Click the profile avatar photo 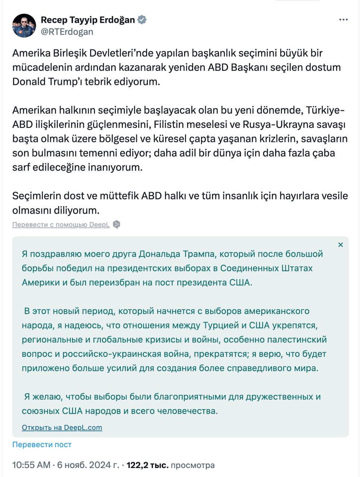24,26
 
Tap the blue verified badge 142,20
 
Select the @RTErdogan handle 67,32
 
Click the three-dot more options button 343,20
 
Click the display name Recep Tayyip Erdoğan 88,20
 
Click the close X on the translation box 340,245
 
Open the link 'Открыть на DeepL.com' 62,427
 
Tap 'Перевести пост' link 42,445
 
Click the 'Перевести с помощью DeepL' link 61,225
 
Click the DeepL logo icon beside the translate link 116,225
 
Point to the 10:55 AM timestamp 31,465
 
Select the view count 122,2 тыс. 148,465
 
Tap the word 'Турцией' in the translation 221,325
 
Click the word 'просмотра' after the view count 193,465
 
